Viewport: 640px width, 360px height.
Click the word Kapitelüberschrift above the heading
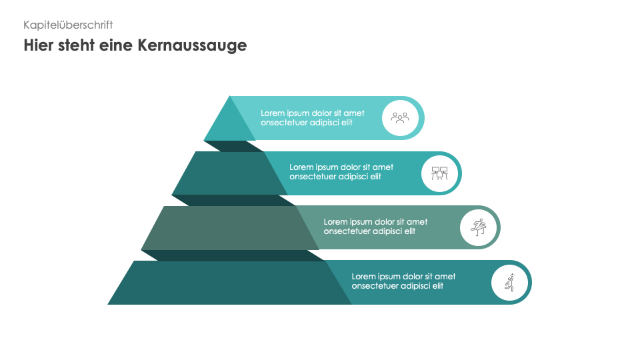pos(68,25)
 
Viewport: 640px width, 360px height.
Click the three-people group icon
pos(400,118)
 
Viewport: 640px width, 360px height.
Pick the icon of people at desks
pos(439,173)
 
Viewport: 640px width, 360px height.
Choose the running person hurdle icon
pos(478,227)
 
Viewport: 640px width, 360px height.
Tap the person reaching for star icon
pos(509,283)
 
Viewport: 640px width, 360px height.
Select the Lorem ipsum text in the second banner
pos(341,172)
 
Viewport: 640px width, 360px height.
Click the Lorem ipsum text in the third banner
pos(375,227)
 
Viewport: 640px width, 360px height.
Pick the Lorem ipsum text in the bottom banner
pos(403,281)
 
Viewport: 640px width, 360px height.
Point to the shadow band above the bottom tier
pos(227,255)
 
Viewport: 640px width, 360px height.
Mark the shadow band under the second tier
pos(227,200)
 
